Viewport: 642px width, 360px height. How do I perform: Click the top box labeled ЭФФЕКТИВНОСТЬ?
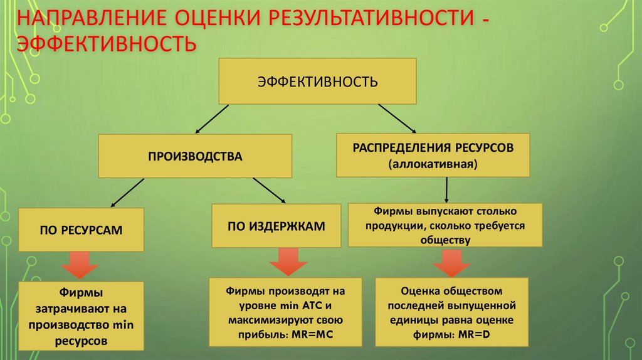click(317, 81)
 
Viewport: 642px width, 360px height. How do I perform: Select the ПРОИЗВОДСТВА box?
click(195, 156)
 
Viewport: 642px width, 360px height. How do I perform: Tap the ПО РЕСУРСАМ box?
click(82, 230)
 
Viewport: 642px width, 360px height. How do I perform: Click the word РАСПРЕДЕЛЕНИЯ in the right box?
click(398, 148)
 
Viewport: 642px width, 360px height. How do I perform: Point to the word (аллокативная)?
click(433, 164)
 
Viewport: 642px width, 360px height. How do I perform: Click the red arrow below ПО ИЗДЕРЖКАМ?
click(286, 260)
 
